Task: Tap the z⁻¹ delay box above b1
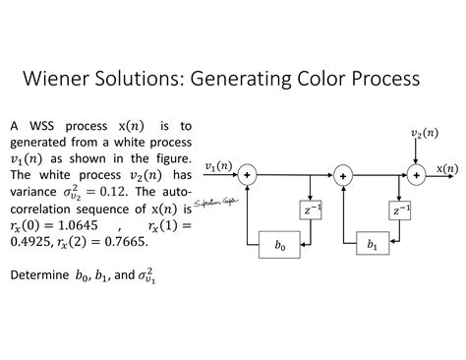click(401, 210)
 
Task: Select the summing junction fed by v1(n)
click(247, 174)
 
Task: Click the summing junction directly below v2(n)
click(416, 173)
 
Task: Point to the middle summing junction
click(342, 174)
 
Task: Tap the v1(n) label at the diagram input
click(217, 165)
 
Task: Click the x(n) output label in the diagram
click(446, 168)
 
